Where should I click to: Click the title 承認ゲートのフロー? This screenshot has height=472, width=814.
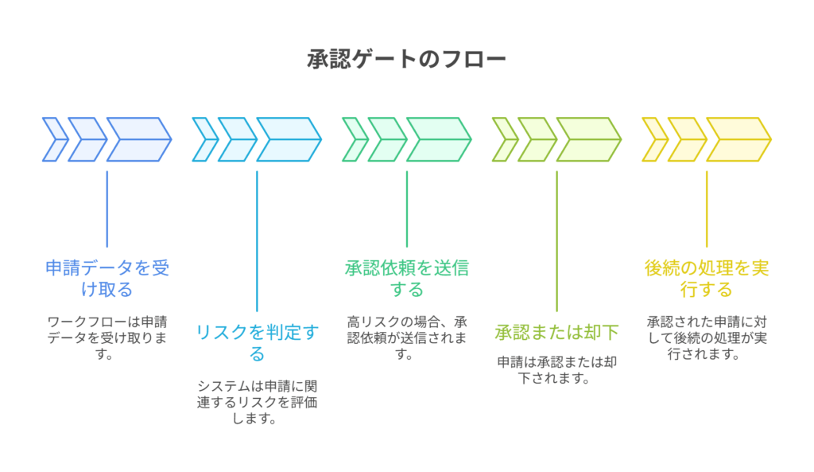tap(406, 60)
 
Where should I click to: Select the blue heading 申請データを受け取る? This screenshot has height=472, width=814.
tap(107, 278)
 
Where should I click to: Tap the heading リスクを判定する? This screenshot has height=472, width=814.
tap(257, 342)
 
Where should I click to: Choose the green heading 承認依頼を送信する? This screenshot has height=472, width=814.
tap(406, 278)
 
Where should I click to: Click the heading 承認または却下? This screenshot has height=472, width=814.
tap(556, 332)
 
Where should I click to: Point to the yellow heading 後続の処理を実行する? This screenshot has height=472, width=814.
tap(706, 278)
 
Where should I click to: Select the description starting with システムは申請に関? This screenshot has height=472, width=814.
tap(257, 402)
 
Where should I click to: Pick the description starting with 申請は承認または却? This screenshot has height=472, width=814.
tap(556, 369)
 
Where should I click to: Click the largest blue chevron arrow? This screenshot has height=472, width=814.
tap(138, 139)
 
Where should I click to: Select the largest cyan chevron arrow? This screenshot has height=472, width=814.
tap(288, 139)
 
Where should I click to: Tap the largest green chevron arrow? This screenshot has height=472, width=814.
tap(438, 139)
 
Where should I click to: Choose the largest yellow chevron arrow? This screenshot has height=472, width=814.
tap(738, 139)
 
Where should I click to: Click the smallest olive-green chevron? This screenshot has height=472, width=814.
tap(504, 139)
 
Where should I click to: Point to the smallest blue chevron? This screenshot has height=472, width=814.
tap(54, 139)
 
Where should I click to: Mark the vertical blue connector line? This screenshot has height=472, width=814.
tap(107, 209)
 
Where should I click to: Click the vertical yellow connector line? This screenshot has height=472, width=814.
tap(707, 209)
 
